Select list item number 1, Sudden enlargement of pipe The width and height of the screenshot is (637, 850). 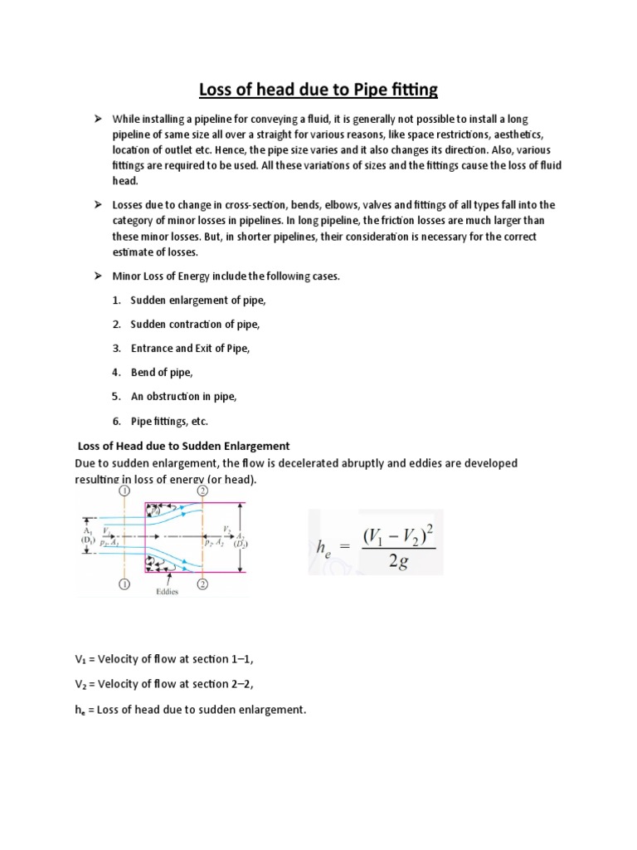coord(190,300)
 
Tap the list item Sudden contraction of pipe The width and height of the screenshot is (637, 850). coord(190,324)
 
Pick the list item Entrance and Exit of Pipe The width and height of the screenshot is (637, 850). coord(190,349)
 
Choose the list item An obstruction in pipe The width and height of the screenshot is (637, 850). coord(183,397)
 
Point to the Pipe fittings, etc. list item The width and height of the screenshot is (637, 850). coord(169,421)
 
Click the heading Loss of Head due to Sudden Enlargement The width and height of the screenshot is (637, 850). coord(182,446)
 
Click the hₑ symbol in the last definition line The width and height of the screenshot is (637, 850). coord(80,710)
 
